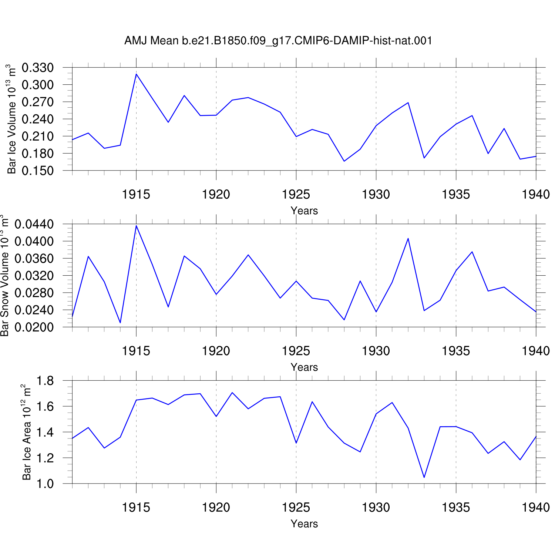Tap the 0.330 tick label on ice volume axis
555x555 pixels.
pyautogui.click(x=38, y=68)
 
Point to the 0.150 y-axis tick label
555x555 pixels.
pyautogui.click(x=38, y=171)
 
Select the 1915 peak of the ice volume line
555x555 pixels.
pyautogui.click(x=136, y=74)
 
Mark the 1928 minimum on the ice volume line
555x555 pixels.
pyautogui.click(x=344, y=161)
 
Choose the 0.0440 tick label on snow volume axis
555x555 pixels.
pyautogui.click(x=34, y=224)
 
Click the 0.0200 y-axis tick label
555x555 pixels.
pyautogui.click(x=34, y=327)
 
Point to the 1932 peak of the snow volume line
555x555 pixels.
pyautogui.click(x=408, y=238)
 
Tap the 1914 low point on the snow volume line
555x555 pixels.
pyautogui.click(x=120, y=323)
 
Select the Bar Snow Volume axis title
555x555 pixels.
pyautogui.click(x=4, y=276)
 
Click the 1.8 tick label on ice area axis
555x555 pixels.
pyautogui.click(x=46, y=381)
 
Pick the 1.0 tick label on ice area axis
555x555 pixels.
pyautogui.click(x=46, y=484)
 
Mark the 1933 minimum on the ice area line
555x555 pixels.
pyautogui.click(x=424, y=477)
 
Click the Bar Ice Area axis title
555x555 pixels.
pyautogui.click(x=26, y=432)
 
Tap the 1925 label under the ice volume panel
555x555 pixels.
pyautogui.click(x=296, y=194)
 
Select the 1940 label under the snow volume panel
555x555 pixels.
pyautogui.click(x=536, y=351)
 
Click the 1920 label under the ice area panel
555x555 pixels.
pyautogui.click(x=216, y=507)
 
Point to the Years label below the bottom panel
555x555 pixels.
pyautogui.click(x=304, y=524)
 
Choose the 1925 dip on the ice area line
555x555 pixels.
pyautogui.click(x=296, y=443)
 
